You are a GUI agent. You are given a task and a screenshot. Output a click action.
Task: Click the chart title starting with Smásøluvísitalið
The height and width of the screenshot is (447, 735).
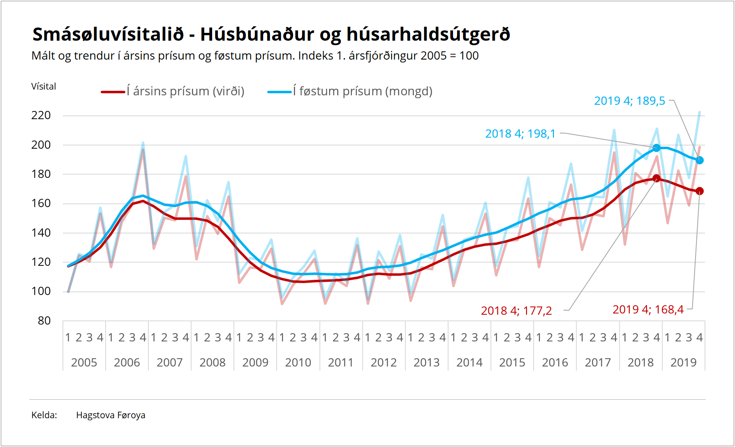click(271, 35)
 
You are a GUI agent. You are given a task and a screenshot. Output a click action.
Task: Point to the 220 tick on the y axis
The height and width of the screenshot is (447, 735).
click(41, 115)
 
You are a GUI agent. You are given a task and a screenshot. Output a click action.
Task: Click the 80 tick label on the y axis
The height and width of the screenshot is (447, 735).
click(44, 321)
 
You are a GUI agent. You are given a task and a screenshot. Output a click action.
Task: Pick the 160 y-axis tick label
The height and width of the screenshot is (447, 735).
click(41, 203)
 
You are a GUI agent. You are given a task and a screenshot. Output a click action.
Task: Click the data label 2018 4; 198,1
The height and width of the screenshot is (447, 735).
click(520, 134)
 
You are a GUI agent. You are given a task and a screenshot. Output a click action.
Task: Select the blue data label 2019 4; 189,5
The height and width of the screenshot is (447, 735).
click(629, 101)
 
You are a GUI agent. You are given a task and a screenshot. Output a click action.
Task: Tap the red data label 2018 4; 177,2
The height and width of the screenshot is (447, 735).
click(516, 311)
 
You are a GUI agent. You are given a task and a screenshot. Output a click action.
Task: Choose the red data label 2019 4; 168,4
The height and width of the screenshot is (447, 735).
click(648, 310)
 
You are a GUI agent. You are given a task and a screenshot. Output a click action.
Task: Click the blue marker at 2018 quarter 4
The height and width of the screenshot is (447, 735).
click(656, 148)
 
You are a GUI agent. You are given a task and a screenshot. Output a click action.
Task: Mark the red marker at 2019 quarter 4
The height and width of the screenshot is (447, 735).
click(700, 191)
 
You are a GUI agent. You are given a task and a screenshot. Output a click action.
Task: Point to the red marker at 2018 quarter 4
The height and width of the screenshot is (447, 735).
click(656, 178)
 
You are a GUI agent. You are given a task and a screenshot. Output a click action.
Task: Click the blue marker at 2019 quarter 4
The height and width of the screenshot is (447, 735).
click(700, 160)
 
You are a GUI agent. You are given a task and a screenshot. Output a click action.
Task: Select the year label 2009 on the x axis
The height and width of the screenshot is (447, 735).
click(255, 363)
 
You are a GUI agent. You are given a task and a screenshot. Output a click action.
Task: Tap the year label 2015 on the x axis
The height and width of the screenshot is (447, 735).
click(512, 363)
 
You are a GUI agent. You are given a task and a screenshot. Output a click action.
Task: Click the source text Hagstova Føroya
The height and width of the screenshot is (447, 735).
click(111, 415)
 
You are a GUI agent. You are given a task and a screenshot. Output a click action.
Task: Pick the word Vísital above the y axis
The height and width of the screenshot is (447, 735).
click(44, 87)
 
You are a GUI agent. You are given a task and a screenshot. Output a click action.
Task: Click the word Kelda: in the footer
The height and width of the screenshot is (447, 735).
click(44, 415)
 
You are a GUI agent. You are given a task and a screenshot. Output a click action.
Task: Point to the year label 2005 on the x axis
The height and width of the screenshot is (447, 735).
click(84, 363)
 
